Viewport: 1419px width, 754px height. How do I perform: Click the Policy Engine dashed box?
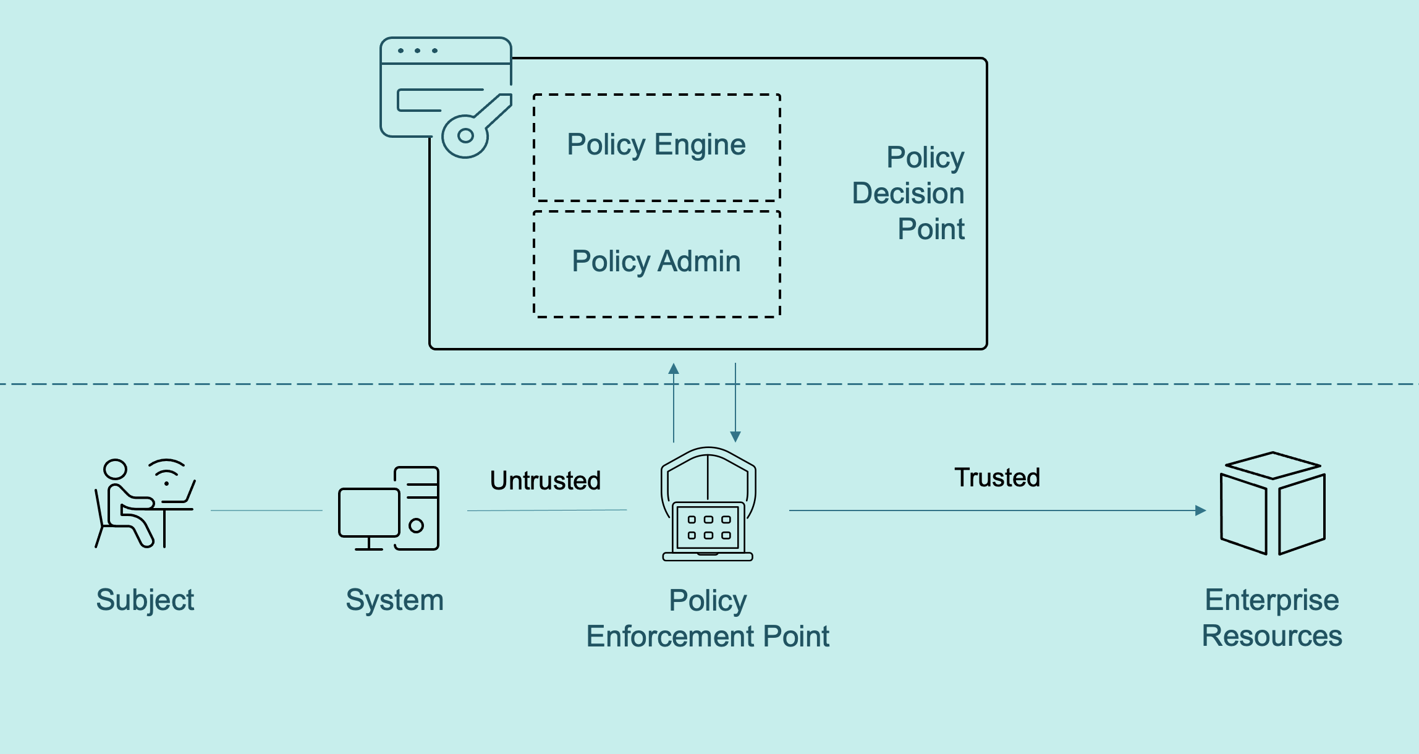(656, 147)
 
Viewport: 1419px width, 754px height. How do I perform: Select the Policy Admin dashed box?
(656, 264)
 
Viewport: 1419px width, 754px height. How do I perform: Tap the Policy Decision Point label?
(909, 193)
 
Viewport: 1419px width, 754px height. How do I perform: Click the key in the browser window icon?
(473, 127)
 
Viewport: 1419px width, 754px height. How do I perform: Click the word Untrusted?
(545, 481)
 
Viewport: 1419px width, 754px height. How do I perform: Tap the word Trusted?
(997, 478)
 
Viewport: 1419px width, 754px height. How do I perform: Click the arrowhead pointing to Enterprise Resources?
(1200, 510)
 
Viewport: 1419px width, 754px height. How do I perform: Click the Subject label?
(145, 600)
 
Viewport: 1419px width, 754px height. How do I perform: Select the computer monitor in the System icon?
(368, 513)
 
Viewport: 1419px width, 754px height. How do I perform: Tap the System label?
(394, 600)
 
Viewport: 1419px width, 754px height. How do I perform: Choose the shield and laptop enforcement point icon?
(708, 504)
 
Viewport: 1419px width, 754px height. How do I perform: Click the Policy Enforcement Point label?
(708, 618)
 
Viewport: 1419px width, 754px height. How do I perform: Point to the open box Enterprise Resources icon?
(1273, 503)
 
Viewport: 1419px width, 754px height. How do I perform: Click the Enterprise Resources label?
(1272, 618)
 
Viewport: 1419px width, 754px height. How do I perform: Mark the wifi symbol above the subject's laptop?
(166, 472)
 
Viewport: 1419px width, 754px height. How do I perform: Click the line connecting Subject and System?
(266, 510)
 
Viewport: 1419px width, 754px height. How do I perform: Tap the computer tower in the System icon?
(417, 508)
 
